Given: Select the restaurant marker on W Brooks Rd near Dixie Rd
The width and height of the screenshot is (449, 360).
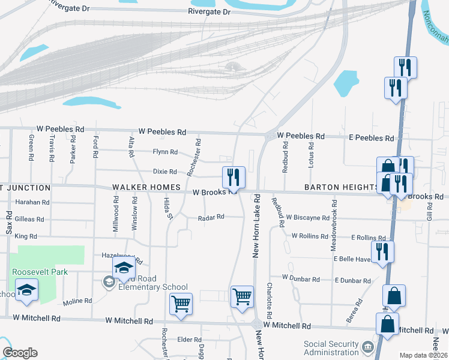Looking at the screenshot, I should pos(234,178).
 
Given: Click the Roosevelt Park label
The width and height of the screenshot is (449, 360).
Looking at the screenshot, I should pos(40,272).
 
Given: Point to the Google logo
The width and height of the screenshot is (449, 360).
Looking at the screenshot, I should pos(20,353).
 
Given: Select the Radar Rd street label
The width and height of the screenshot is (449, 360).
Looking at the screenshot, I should pos(211,217).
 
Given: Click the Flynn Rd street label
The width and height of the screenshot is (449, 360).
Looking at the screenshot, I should pos(165,152).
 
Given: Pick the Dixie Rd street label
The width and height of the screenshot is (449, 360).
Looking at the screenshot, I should pos(165,172).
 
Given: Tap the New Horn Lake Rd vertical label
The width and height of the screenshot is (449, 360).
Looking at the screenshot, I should pos(256,226).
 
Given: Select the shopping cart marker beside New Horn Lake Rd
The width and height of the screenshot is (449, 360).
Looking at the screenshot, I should pos(242,296).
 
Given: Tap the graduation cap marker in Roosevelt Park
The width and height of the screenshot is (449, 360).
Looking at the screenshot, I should pos(26,290).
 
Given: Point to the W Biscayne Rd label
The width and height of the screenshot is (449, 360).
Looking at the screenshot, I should pos(308,218).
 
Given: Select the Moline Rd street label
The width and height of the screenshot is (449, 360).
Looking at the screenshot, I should pos(77,301).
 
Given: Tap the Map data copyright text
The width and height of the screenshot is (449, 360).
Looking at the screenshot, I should pos(423,355).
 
